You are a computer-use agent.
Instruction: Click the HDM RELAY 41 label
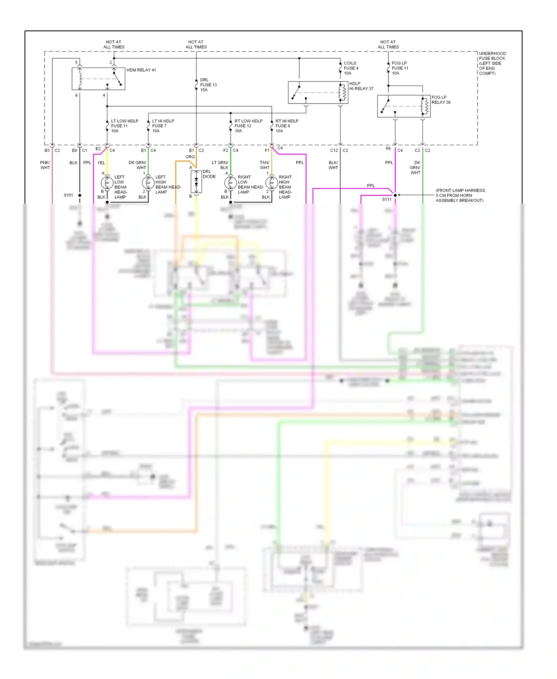coord(141,70)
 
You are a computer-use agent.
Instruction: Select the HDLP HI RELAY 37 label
coord(361,86)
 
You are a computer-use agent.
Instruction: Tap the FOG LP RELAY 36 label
coord(441,100)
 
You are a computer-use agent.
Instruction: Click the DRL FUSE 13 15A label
coord(208,85)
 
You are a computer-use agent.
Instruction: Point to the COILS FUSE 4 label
coord(351,68)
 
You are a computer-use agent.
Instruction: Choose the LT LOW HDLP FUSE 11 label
coord(124,126)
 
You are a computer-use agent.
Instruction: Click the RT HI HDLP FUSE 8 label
coord(287,126)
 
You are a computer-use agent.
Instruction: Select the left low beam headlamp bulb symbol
coord(107,183)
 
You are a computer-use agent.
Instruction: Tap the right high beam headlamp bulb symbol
coord(271,183)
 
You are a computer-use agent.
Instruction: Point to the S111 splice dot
coord(395,195)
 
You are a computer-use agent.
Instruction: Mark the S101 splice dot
coord(79,195)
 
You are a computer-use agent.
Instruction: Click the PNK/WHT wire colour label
coord(45,165)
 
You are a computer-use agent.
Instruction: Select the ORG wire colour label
coord(190,157)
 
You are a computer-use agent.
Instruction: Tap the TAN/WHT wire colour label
coord(264,165)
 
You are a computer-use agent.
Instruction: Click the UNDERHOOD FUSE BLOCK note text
coord(492,64)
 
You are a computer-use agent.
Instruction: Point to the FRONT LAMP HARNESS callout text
coord(460,195)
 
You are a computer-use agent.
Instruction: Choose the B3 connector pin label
coord(47,150)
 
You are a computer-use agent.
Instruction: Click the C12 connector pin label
coord(334,150)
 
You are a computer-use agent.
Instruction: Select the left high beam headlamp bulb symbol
coord(148,183)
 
